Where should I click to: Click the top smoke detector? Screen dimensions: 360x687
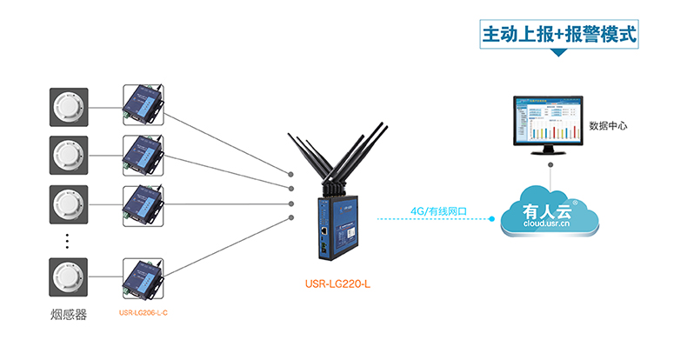tap(68, 108)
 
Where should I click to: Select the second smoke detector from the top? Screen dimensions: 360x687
tap(68, 157)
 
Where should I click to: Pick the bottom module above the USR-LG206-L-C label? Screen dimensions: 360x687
tap(143, 280)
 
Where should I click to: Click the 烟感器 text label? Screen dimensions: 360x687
tap(69, 314)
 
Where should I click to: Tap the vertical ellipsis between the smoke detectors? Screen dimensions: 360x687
tap(68, 241)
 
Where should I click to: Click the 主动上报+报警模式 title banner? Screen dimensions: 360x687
tap(559, 36)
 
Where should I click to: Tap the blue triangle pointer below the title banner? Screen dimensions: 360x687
tap(559, 54)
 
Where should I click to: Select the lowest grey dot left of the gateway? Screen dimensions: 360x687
tap(291, 217)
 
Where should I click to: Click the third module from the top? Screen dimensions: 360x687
tap(143, 205)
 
